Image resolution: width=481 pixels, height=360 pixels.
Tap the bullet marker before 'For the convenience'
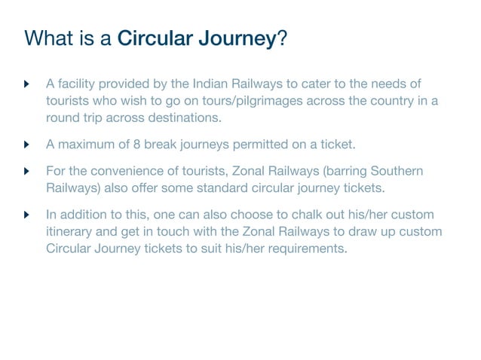coord(28,171)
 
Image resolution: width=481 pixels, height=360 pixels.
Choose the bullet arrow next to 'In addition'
coord(28,215)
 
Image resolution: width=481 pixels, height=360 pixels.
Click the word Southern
coord(398,171)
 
